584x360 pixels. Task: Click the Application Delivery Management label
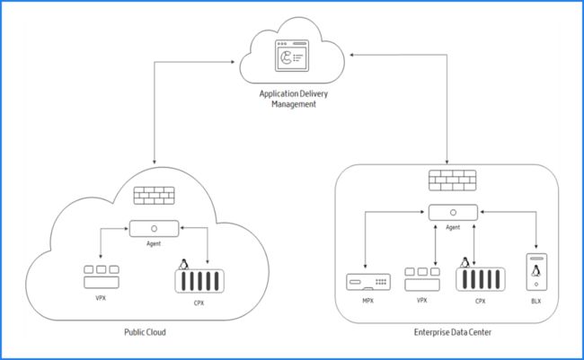pos(294,99)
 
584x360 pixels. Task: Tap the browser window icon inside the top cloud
pos(292,56)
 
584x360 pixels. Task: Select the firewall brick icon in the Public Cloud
pos(155,196)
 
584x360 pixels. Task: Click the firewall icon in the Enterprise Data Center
pos(453,180)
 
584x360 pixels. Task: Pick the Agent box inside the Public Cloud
pos(154,229)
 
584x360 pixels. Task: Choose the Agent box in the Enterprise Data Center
pos(453,212)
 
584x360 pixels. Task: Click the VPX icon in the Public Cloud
pos(102,277)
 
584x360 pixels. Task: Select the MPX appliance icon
pos(368,282)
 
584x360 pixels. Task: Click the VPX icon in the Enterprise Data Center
pos(422,279)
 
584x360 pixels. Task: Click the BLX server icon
pos(536,272)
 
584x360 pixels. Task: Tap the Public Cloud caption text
pos(145,332)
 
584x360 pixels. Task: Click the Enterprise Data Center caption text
pos(453,332)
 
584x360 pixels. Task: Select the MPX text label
pos(368,301)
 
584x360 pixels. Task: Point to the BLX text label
pos(536,301)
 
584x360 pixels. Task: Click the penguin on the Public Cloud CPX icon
pos(183,264)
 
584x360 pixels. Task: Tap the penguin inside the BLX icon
pos(536,271)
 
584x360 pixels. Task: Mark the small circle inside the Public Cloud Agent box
pos(154,229)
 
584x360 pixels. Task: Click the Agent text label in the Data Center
pos(453,227)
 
